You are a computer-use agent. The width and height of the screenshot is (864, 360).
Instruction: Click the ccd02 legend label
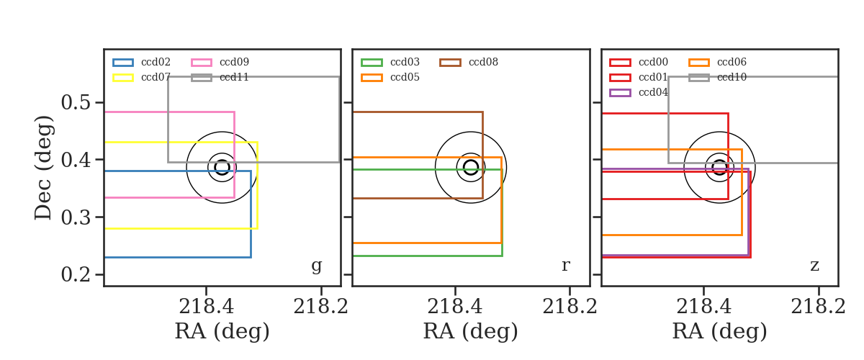(x=156, y=62)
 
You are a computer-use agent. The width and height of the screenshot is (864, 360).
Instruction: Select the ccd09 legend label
(x=234, y=62)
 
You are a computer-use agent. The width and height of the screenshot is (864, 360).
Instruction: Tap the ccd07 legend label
(x=156, y=77)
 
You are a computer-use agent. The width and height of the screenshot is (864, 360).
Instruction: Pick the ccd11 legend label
(x=234, y=77)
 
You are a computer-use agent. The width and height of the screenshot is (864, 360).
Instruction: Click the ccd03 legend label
(x=405, y=62)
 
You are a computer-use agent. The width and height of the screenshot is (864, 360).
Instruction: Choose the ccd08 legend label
(x=483, y=62)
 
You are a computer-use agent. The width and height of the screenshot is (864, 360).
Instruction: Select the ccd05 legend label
(x=405, y=77)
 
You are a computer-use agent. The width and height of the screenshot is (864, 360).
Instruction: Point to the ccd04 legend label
(x=653, y=92)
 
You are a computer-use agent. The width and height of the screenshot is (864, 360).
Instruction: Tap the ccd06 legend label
(x=732, y=62)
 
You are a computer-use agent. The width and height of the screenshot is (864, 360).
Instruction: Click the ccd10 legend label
(x=732, y=77)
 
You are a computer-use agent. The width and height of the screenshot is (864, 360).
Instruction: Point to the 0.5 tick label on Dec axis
(x=76, y=103)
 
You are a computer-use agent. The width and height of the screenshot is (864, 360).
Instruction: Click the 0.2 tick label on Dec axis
(x=76, y=275)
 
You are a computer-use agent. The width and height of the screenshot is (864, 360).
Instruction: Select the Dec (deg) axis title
(x=42, y=168)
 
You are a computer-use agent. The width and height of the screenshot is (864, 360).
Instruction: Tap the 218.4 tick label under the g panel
(x=206, y=307)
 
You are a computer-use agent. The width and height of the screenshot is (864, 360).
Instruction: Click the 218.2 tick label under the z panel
(x=818, y=307)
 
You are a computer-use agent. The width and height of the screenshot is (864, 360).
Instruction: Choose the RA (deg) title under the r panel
(x=471, y=331)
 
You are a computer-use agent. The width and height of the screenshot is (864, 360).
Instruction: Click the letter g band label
(x=316, y=266)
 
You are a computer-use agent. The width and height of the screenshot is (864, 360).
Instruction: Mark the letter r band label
(x=565, y=266)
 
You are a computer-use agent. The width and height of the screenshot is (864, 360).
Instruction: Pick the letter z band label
(x=814, y=266)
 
